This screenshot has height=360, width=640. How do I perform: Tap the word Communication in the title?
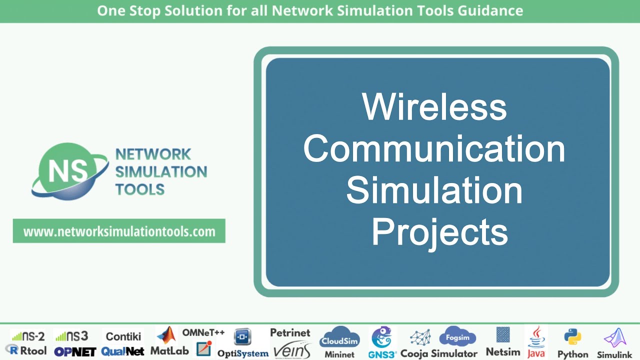(434, 148)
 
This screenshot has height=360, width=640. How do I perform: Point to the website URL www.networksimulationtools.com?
(119, 231)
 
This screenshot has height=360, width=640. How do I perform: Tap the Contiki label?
(123, 336)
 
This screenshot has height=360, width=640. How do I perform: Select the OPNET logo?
(75, 351)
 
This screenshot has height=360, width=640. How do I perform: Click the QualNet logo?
(122, 351)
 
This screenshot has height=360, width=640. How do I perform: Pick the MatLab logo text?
(170, 350)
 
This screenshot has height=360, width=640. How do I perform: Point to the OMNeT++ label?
(203, 332)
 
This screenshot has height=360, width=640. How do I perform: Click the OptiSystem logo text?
(242, 353)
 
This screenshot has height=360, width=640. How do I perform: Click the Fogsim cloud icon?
(457, 336)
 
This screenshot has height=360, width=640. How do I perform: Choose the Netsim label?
(502, 352)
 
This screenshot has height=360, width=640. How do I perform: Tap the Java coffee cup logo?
(536, 336)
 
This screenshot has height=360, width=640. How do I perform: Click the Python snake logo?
(572, 337)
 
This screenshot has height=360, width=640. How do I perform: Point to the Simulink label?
(614, 354)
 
